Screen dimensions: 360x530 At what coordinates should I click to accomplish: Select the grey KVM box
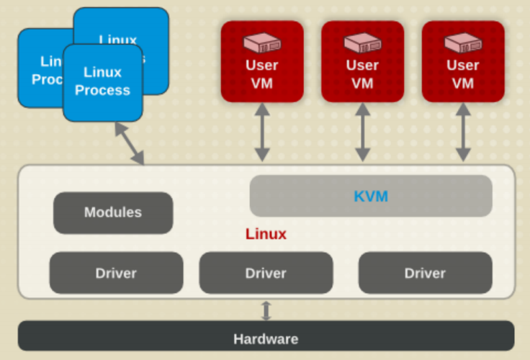[x=371, y=195]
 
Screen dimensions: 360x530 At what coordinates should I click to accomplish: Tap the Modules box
[x=113, y=212]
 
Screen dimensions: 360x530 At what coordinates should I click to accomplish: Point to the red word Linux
[x=266, y=234]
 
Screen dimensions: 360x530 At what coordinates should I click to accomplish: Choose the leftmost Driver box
[x=116, y=273]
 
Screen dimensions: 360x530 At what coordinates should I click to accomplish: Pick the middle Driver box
[x=266, y=273]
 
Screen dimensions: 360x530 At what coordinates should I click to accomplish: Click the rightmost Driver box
[x=425, y=273]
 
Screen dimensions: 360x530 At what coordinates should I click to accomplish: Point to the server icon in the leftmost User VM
[x=261, y=42]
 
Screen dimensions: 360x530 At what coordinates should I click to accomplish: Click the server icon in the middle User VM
[x=362, y=42]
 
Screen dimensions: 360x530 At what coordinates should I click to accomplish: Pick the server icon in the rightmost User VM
[x=462, y=42]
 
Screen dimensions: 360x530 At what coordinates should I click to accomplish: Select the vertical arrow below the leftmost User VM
[x=262, y=132]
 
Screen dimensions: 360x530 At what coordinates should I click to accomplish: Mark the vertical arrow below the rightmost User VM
[x=463, y=132]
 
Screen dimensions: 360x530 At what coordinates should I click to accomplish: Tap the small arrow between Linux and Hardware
[x=266, y=310]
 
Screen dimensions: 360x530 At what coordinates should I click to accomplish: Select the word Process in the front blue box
[x=102, y=91]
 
